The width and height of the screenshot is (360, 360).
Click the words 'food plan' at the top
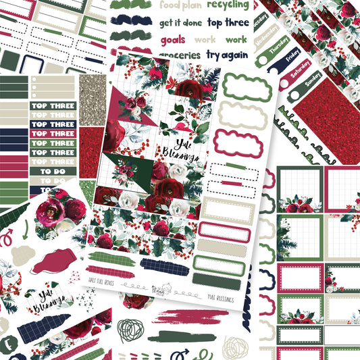pyautogui.click(x=179, y=7)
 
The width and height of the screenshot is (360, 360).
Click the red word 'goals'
pyautogui.click(x=173, y=39)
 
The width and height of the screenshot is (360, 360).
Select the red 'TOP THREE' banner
pyautogui.click(x=53, y=162)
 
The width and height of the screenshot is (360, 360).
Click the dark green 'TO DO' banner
pyautogui.click(x=53, y=172)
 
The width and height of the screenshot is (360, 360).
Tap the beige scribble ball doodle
pyautogui.click(x=235, y=346)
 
